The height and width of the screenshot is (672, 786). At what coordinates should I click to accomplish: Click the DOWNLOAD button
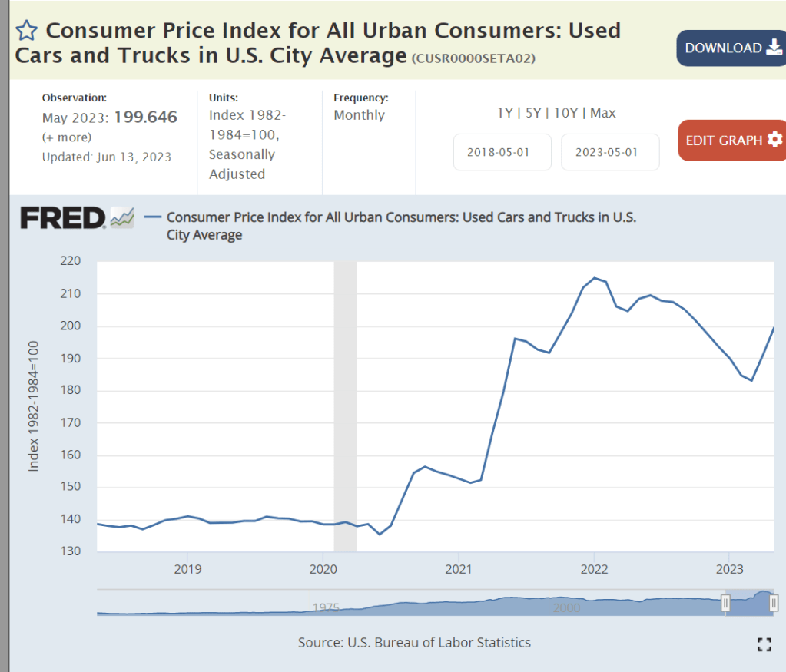point(731,48)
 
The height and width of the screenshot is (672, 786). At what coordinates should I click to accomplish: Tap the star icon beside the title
point(26,31)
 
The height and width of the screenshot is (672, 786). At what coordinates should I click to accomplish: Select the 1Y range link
point(505,113)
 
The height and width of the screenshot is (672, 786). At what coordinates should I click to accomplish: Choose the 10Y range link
point(565,113)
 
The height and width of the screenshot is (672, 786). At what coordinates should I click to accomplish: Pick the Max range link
point(603,113)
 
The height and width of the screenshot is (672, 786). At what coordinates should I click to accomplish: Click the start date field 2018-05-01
point(502,152)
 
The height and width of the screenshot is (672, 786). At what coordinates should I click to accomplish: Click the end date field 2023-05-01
point(610,152)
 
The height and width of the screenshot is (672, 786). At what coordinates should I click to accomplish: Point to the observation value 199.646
point(145,118)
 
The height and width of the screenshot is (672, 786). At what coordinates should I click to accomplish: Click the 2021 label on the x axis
point(458,569)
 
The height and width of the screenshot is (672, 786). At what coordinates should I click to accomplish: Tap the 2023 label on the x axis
point(729,569)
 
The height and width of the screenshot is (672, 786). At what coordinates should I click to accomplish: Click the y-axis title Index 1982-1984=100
point(34,406)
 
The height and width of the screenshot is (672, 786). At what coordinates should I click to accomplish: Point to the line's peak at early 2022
point(594,278)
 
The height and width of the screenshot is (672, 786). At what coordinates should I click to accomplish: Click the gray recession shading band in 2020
point(345,406)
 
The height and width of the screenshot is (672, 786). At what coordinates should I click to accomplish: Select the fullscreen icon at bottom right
point(764,644)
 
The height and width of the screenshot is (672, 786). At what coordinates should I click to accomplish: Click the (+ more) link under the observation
point(67,137)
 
